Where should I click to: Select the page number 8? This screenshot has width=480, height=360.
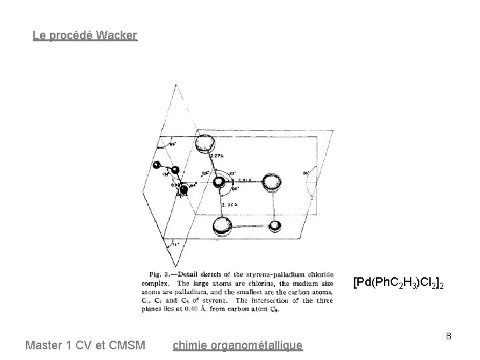pos(449,336)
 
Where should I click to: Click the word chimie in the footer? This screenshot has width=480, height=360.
pos(189,345)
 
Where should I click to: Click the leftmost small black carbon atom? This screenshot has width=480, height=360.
pos(157,165)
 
